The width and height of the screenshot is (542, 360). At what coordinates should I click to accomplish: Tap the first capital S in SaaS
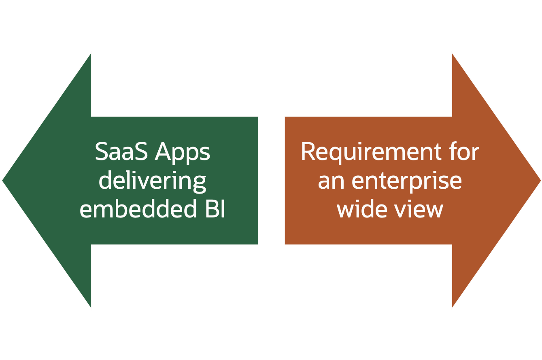[x=101, y=152]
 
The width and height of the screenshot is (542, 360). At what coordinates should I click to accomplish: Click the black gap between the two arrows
[x=271, y=180]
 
